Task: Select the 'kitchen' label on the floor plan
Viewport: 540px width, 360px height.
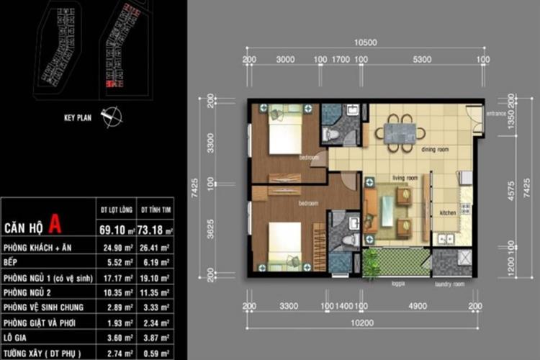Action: (x=448, y=212)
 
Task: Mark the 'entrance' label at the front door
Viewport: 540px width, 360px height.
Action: (x=495, y=113)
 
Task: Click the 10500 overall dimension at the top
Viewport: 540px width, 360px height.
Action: (x=366, y=42)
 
